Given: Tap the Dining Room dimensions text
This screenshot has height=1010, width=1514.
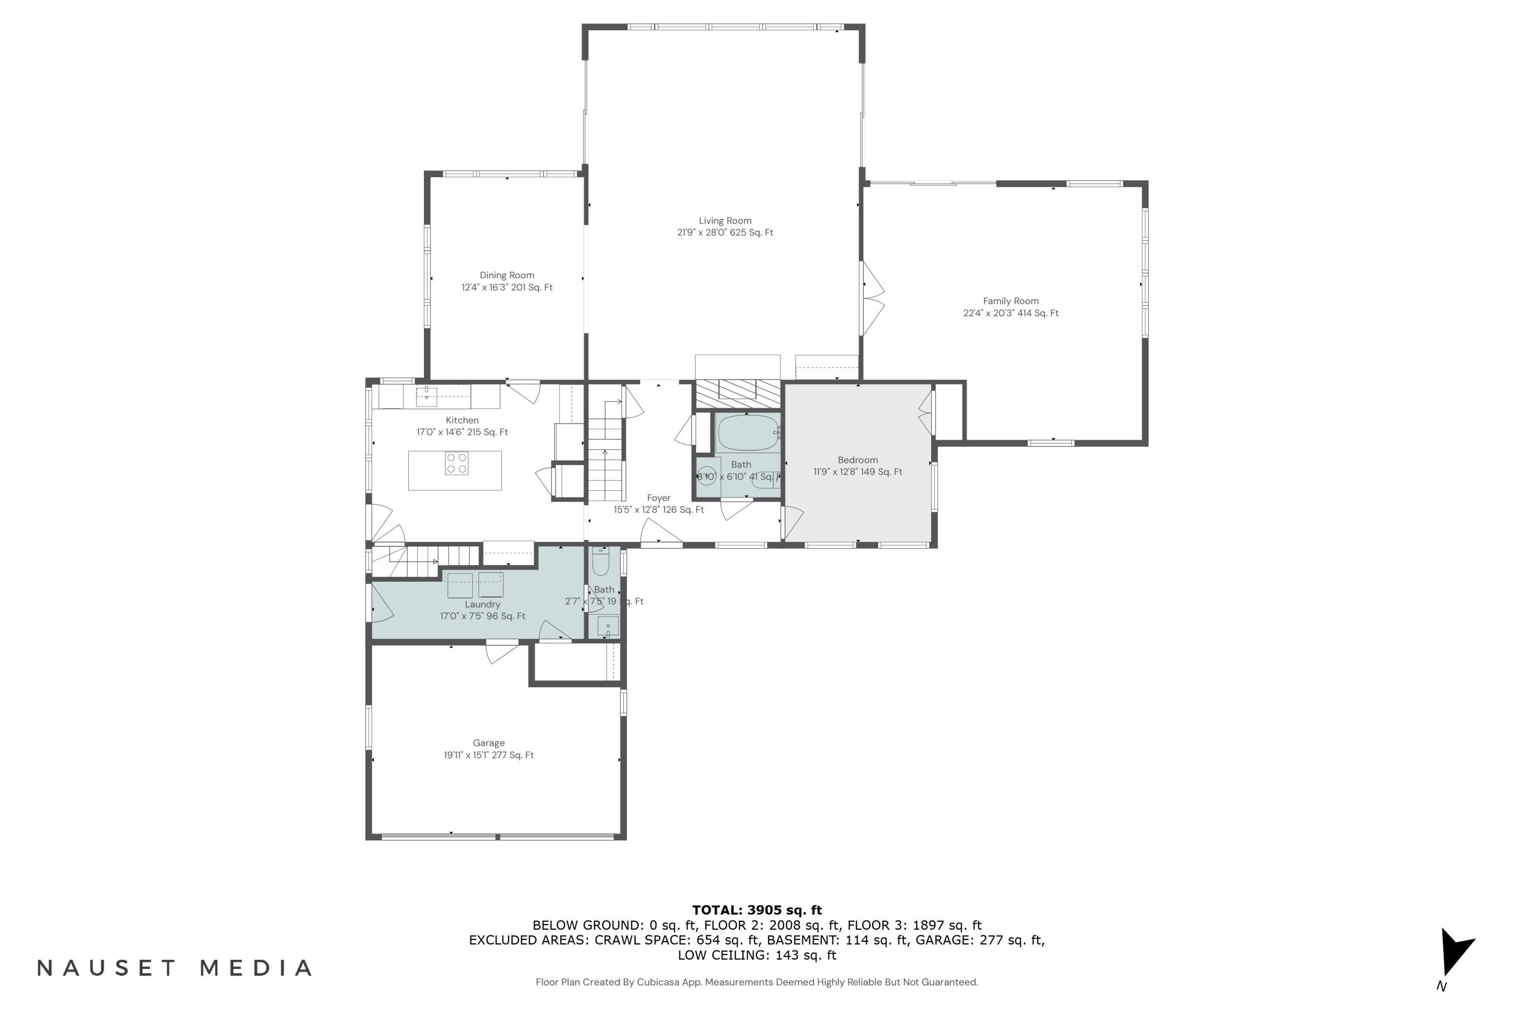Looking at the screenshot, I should [507, 287].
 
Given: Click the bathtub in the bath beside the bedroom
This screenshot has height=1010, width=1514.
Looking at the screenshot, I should [747, 433].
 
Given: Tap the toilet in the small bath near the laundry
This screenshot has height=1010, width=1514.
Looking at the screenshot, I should [601, 563].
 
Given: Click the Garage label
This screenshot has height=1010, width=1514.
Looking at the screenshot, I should [489, 743].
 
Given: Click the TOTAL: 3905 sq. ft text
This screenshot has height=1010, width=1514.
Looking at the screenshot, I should [756, 910].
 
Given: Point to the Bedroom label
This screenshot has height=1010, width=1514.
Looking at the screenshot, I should [857, 460].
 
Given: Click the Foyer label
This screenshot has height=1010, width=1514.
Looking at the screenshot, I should [659, 498].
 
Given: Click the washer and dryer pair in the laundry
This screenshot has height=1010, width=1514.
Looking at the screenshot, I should [475, 585].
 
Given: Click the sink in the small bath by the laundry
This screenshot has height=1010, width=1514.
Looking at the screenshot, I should [608, 626].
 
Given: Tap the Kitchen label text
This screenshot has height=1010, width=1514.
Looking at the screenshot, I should [462, 420].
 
